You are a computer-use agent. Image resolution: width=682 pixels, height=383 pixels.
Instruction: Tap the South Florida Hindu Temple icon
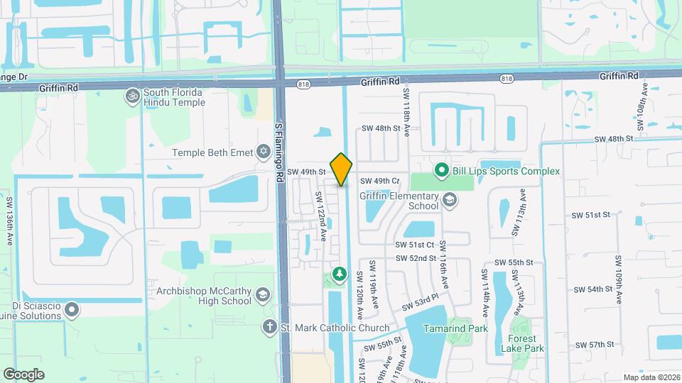132,95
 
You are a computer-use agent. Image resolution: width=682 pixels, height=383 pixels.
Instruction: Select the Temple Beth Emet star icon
264,152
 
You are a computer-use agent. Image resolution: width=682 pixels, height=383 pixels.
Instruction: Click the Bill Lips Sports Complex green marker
440,170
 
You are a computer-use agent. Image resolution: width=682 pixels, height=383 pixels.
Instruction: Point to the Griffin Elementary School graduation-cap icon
449,201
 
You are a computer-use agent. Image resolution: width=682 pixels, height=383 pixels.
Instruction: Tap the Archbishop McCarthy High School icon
263,294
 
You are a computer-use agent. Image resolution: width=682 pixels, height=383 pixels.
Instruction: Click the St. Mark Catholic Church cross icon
269,326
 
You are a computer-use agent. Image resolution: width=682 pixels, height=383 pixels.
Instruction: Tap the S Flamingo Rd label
279,152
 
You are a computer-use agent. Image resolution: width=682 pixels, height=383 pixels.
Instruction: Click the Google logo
23,374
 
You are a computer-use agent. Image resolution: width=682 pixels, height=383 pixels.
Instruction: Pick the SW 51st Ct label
416,244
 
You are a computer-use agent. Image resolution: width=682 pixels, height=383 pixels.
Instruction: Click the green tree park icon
340,273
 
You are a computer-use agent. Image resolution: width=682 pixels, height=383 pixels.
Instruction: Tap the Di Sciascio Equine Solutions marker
71,310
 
